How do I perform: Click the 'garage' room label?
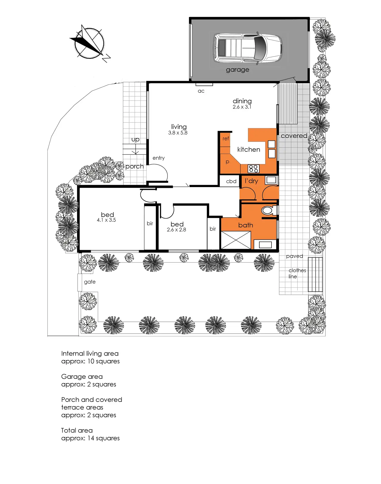pyautogui.click(x=237, y=70)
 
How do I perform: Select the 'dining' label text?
pyautogui.click(x=242, y=101)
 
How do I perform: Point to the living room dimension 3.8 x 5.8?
pyautogui.click(x=178, y=133)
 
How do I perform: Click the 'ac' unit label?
pyautogui.click(x=201, y=91)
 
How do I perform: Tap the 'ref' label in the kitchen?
pyautogui.click(x=226, y=139)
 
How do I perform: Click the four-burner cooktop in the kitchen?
pyautogui.click(x=253, y=169)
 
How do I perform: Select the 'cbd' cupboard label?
pyautogui.click(x=231, y=181)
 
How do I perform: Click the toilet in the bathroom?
pyautogui.click(x=268, y=210)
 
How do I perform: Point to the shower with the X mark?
pyautogui.click(x=236, y=240)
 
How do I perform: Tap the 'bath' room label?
pyautogui.click(x=246, y=225)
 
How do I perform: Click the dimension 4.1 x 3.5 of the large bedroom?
pyautogui.click(x=106, y=220)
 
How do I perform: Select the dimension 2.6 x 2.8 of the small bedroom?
pyautogui.click(x=177, y=230)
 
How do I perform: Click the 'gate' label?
pyautogui.click(x=90, y=282)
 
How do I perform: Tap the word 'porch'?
pyautogui.click(x=134, y=166)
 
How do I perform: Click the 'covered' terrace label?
pyautogui.click(x=294, y=136)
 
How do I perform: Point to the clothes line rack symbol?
pyautogui.click(x=315, y=274)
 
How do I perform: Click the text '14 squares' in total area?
pyautogui.click(x=104, y=438)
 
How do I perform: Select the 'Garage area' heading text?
pyautogui.click(x=82, y=377)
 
